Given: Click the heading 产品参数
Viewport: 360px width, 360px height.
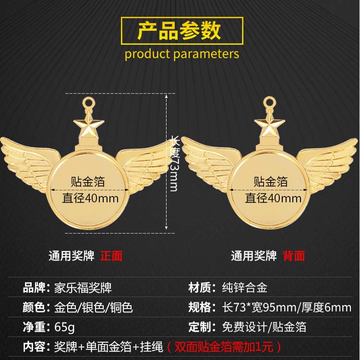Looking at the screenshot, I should (x=180, y=30).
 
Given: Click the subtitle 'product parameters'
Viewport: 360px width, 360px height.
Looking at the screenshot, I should (x=182, y=53).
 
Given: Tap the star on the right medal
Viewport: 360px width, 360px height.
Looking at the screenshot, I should (x=270, y=125).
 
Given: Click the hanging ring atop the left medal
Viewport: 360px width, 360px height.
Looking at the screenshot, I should (x=89, y=102).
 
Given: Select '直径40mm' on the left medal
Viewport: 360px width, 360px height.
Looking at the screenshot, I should (x=91, y=198).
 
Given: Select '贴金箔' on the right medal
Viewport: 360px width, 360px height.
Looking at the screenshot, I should (x=271, y=181).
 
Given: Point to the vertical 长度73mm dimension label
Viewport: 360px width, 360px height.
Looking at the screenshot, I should (x=174, y=164).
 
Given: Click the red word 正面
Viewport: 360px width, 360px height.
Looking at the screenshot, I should (x=111, y=256).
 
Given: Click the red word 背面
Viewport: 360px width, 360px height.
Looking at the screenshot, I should (x=293, y=256).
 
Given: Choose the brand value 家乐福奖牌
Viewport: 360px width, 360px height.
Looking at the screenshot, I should (x=83, y=288).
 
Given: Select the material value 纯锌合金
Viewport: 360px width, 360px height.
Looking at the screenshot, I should (x=245, y=288).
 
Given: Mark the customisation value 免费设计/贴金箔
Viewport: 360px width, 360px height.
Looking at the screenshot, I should (x=264, y=327).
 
